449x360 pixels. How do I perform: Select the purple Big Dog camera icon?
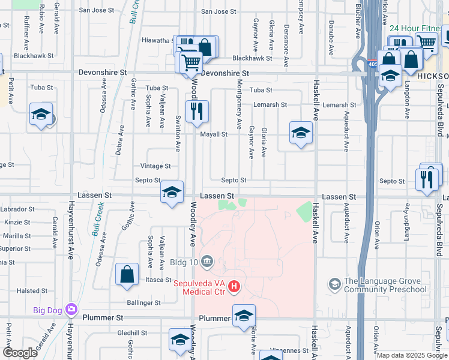(x=71, y=310)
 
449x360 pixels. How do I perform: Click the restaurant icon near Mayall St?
(x=197, y=111)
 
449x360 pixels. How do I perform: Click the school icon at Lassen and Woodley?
(x=172, y=193)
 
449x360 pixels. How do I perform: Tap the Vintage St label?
(x=155, y=166)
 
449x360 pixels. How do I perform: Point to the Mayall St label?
(x=214, y=134)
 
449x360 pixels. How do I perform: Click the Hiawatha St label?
(x=157, y=40)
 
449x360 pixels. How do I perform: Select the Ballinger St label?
(x=143, y=303)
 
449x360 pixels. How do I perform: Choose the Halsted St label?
(x=28, y=290)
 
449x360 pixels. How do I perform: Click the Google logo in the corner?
(x=20, y=352)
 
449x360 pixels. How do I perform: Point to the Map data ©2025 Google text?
(x=411, y=355)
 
